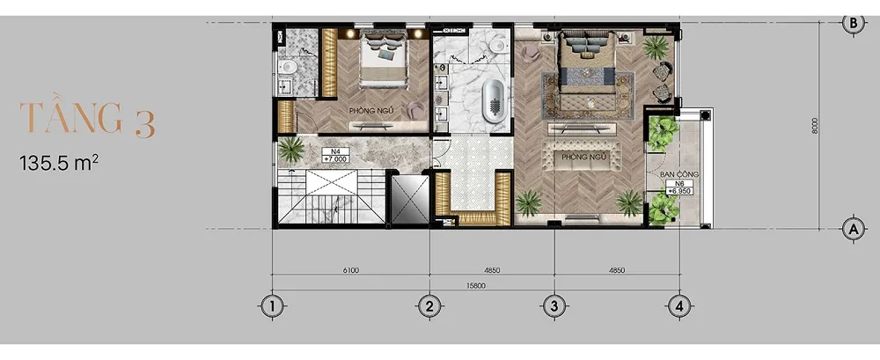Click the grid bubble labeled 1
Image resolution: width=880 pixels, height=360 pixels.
tap(273, 306)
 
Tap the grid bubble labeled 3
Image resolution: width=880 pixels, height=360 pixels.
tap(554, 306)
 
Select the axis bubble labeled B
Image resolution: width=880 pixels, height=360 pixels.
tap(853, 23)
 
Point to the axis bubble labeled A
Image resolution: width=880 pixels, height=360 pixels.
tap(853, 229)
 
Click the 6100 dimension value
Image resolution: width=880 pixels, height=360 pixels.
tap(351, 270)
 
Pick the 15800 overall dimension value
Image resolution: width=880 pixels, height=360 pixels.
tap(476, 285)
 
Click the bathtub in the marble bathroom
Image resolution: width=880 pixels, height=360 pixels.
tap(494, 101)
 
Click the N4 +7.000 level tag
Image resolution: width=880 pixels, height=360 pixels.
tap(335, 155)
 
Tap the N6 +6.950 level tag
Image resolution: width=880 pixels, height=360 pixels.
tap(679, 187)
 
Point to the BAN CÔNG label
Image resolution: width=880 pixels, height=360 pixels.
tap(679, 174)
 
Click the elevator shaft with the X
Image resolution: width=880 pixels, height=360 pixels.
tap(409, 200)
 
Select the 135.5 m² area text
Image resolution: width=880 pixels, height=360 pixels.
tap(59, 164)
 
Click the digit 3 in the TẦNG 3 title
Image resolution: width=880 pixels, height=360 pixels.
tap(144, 124)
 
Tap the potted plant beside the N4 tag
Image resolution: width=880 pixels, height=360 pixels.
tap(291, 150)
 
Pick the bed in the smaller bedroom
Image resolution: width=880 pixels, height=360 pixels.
tap(383, 59)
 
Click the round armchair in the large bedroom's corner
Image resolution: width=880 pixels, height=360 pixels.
tap(531, 53)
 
